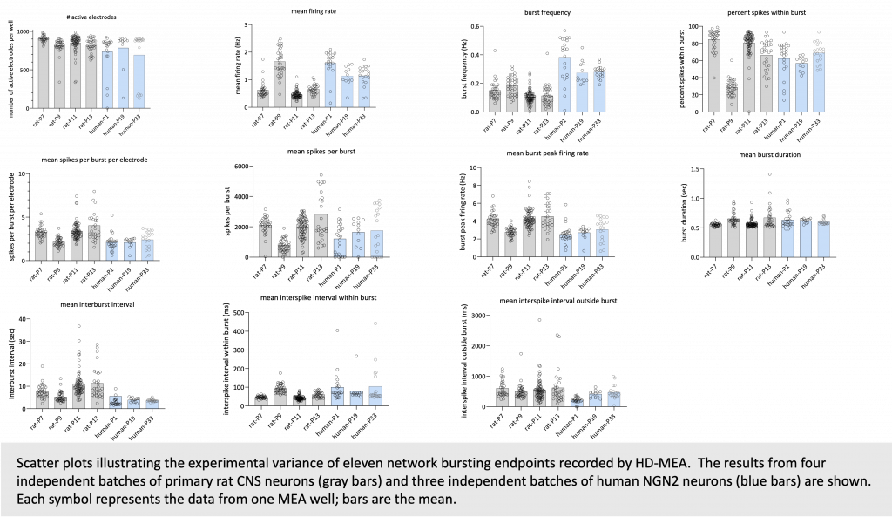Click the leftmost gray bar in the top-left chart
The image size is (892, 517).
tap(43, 74)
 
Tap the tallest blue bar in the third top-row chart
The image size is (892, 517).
tap(564, 85)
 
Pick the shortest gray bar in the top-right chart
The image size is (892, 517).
tap(732, 99)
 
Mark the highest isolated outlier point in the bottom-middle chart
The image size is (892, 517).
tap(375, 323)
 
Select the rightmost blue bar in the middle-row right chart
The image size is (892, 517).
tap(823, 239)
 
